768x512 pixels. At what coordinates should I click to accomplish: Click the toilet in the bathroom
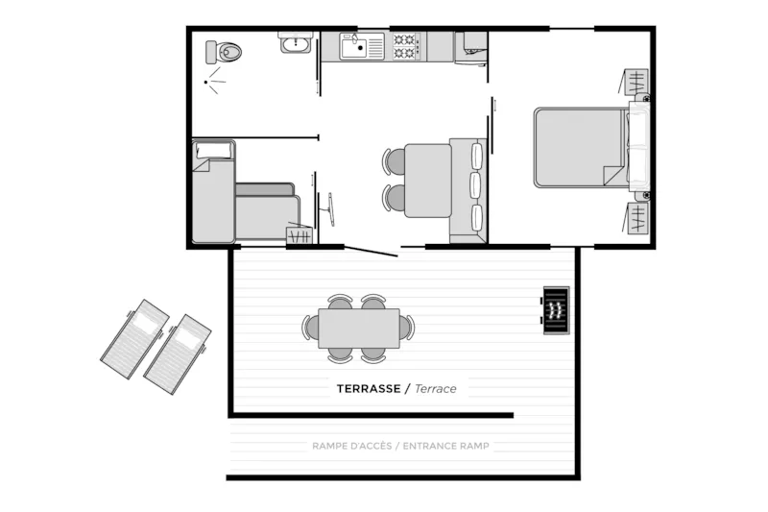(x=229, y=51)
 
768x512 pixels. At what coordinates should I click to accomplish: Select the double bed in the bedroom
(x=581, y=147)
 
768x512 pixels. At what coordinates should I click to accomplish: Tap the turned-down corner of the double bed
(x=614, y=176)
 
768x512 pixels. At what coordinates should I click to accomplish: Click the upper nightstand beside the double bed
(x=637, y=85)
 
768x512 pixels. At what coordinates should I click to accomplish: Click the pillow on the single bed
(x=214, y=150)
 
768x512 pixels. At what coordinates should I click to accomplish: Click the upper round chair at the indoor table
(x=395, y=160)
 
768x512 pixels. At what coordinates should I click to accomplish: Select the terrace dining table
(x=360, y=328)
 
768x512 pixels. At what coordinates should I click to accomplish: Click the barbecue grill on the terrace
(x=556, y=310)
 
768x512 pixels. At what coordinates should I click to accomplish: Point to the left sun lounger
(x=135, y=332)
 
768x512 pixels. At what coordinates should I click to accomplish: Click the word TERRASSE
(x=367, y=389)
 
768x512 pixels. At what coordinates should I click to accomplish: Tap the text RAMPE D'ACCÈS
(x=351, y=446)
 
